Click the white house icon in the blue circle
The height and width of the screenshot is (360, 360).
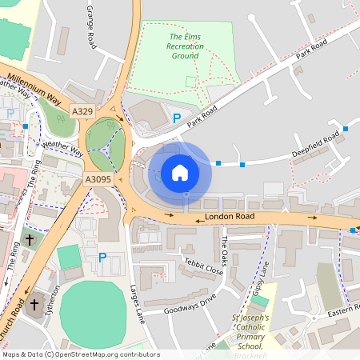point(180,172)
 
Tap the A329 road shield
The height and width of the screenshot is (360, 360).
point(82,110)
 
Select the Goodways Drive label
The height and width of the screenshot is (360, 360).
point(190,300)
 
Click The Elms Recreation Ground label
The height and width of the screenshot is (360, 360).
point(186,47)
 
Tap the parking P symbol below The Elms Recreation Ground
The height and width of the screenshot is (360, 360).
point(177,118)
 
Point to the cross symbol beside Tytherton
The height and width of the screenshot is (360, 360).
point(34,304)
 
